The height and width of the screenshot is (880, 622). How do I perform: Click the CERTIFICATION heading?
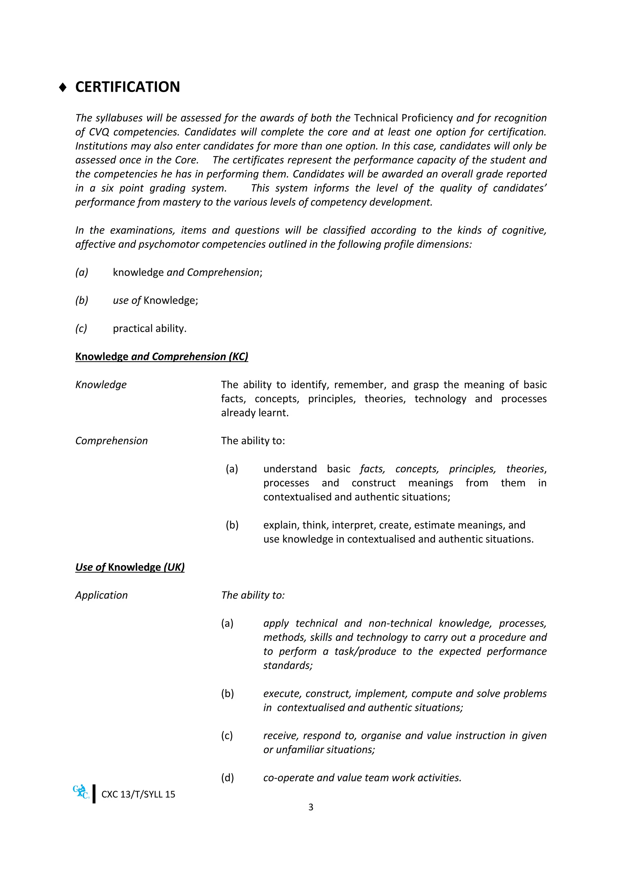click(127, 87)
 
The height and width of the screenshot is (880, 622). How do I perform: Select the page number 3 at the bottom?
click(311, 807)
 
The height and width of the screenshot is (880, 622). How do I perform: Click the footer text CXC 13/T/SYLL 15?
click(138, 794)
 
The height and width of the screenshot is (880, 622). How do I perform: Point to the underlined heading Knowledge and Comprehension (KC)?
click(161, 356)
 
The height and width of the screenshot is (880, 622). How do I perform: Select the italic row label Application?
click(101, 595)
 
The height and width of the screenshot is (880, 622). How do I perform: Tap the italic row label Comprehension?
click(111, 441)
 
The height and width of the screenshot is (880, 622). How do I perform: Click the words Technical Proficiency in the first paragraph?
click(403, 118)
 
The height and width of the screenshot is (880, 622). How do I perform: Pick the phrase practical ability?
click(149, 328)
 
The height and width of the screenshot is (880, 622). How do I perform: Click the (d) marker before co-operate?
click(227, 778)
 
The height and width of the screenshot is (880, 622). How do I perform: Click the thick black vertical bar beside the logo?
click(94, 794)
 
